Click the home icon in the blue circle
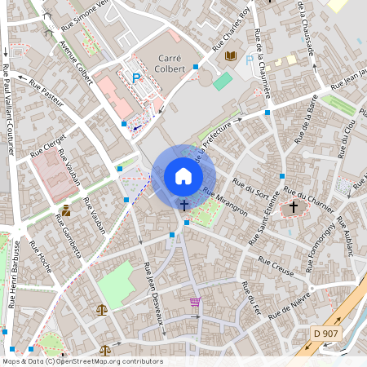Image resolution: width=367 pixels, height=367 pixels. (183, 176)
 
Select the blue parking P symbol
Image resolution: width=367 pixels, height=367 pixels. (136, 78)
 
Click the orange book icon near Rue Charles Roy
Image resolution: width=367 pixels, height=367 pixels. (231, 55)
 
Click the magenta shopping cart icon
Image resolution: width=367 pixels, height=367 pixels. (195, 302)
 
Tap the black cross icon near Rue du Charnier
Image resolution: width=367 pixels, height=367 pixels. (294, 207)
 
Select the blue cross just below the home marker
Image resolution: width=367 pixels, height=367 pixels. (184, 206)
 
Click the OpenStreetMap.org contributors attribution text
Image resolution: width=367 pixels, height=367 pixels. (105, 360)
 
